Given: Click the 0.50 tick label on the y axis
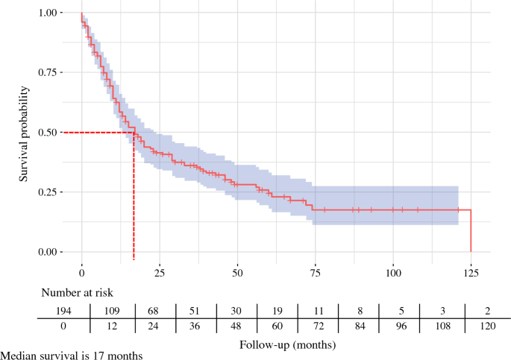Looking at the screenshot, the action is [x=47, y=133].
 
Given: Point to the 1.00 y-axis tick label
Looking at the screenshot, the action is [x=47, y=13].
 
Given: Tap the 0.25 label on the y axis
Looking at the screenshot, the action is [x=47, y=192].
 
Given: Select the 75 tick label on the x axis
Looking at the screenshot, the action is [x=315, y=273].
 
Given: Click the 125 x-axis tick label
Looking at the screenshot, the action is [x=471, y=273].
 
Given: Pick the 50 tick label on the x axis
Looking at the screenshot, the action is [x=237, y=273].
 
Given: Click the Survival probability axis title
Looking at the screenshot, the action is [x=23, y=133].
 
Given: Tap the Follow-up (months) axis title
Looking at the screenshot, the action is [x=287, y=344].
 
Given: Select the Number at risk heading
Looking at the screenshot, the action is [x=78, y=293].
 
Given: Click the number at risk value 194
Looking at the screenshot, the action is [x=63, y=311].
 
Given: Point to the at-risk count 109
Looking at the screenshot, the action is [x=112, y=311].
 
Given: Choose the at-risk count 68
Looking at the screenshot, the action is [x=153, y=311].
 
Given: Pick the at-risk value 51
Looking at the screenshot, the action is [x=194, y=311].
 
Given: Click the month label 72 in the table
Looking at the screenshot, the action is [x=319, y=326].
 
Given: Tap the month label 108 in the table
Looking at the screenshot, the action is [x=443, y=326].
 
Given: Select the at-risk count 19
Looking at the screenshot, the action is [x=277, y=311].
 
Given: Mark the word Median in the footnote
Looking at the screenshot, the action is [x=18, y=356].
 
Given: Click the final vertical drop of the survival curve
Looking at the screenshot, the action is [x=471, y=231].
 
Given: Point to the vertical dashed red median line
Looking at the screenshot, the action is [x=134, y=196].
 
